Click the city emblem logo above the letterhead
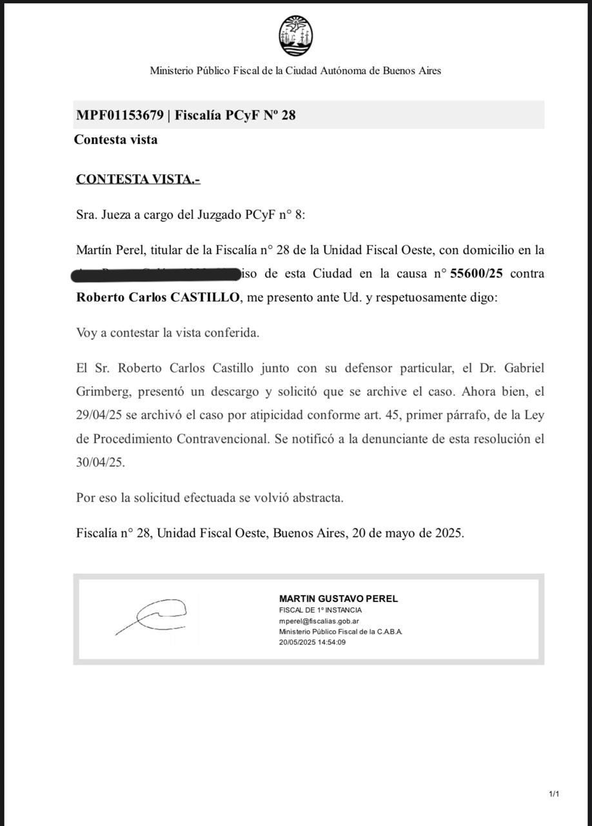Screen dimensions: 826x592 [296, 36]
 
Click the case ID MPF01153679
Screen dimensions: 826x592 [119, 116]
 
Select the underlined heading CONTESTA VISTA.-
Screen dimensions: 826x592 [138, 179]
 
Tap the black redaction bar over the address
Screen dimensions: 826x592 [155, 274]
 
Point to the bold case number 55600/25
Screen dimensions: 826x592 [476, 274]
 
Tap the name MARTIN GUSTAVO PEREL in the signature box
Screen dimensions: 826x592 [338, 599]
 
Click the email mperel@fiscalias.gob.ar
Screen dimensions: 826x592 [319, 621]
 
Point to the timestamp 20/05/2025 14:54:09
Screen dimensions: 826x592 [312, 643]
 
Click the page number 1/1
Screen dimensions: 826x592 [554, 794]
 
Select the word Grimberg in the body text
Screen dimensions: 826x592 [100, 392]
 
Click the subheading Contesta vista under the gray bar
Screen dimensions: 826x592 [115, 139]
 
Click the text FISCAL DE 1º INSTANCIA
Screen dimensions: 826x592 [320, 610]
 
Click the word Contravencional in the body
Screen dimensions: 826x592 [226, 439]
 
